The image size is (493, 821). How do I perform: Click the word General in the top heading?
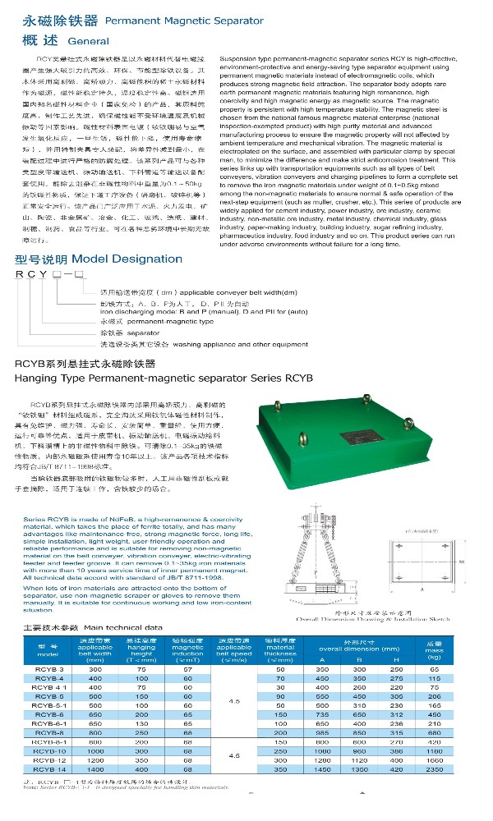tap(88, 40)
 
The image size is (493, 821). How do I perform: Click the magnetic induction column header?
tap(187, 649)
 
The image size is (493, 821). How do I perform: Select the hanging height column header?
tap(141, 649)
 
